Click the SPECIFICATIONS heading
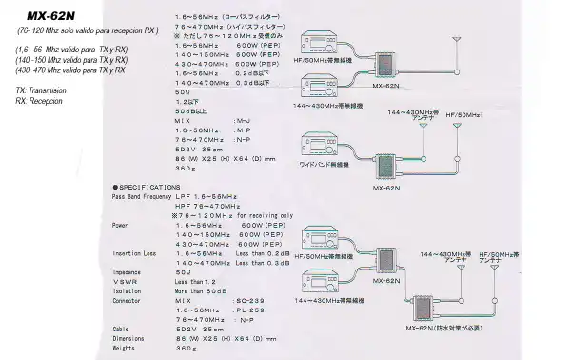click(147, 187)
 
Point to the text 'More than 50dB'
click(200, 290)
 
